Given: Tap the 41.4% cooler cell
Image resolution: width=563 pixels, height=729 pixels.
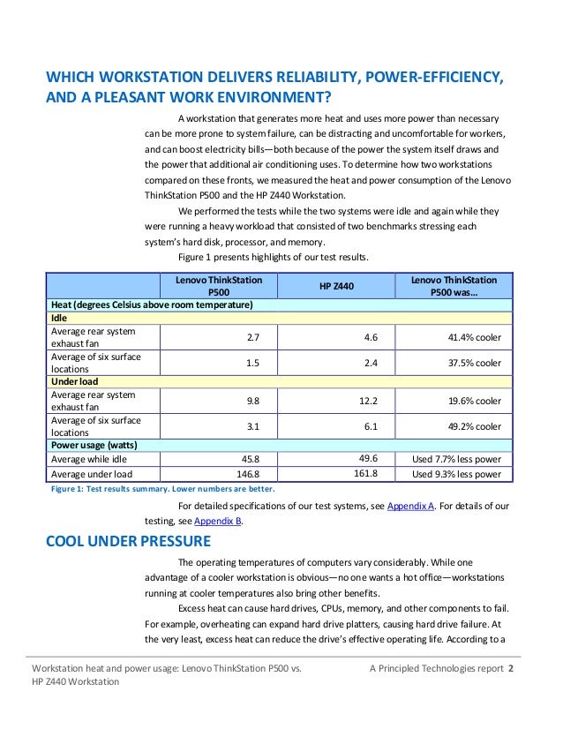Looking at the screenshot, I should [x=475, y=336].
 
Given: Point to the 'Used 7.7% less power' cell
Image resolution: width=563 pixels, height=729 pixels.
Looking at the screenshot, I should [x=456, y=459].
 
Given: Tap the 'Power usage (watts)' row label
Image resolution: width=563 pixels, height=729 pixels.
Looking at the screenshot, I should [x=93, y=445].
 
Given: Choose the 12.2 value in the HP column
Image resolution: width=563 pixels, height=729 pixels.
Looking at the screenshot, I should [x=368, y=401].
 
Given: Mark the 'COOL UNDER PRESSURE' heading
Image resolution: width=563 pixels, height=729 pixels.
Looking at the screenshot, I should [x=128, y=541].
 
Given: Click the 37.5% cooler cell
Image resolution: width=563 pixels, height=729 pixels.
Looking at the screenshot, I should [x=475, y=363].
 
